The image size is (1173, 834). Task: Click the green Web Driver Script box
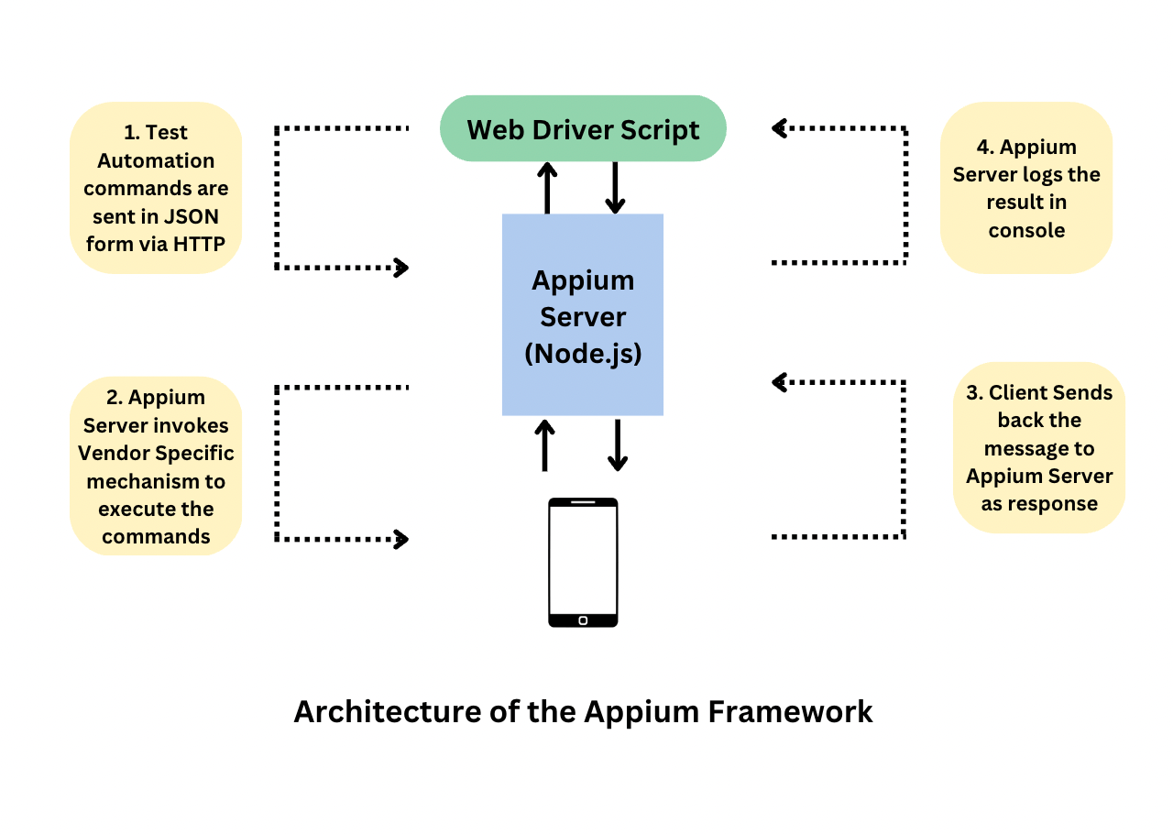click(x=583, y=129)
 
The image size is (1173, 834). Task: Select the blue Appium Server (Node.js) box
click(x=583, y=314)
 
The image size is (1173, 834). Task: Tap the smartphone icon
click(x=583, y=562)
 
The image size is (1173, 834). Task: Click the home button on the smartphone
click(x=583, y=620)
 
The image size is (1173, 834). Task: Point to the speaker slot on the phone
click(x=583, y=503)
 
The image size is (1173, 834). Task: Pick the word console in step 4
click(x=1026, y=230)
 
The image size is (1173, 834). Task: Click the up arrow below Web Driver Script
click(x=547, y=187)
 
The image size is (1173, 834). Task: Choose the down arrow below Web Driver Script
click(x=615, y=188)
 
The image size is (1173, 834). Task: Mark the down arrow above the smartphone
click(x=618, y=445)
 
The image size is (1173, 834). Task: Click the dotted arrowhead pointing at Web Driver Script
click(x=781, y=128)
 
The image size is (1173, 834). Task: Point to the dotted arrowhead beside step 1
click(x=400, y=268)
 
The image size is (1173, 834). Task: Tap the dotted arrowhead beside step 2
click(x=400, y=538)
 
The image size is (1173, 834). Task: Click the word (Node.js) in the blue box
click(x=583, y=353)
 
